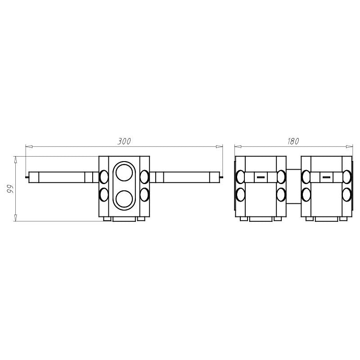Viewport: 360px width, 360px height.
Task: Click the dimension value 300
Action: (x=124, y=141)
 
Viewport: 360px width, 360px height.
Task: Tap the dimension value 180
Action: (x=293, y=141)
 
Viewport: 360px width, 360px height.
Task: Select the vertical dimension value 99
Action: (x=10, y=188)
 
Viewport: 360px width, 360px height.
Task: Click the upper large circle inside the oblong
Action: (x=124, y=172)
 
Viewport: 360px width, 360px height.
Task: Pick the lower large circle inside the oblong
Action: (x=124, y=198)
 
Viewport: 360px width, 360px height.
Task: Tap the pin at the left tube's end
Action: (x=27, y=177)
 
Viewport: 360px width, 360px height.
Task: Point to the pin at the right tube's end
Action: (x=221, y=177)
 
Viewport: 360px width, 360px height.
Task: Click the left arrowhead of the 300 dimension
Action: (x=28, y=146)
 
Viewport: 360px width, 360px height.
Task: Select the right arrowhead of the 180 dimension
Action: (x=350, y=146)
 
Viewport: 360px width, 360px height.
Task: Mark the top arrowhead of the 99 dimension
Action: (x=15, y=159)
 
